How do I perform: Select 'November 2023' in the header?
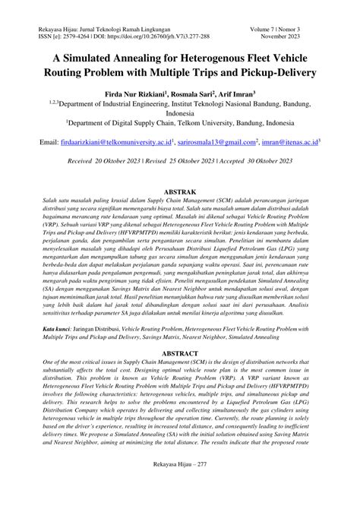click(303, 35)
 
